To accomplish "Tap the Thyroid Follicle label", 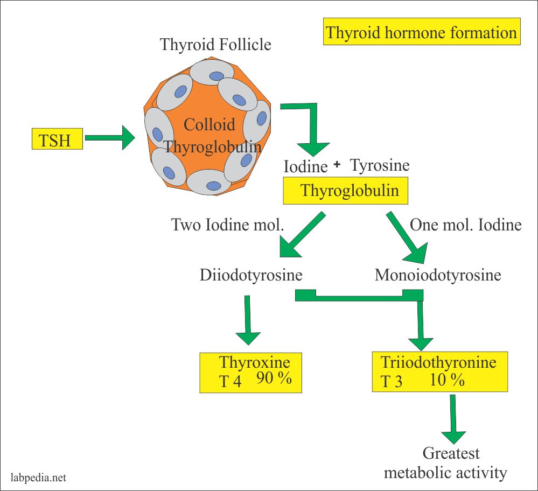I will point(215,44).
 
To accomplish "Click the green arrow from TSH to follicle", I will point(110,138).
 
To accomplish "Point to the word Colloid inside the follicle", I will point(209,125).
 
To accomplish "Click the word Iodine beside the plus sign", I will point(305,167).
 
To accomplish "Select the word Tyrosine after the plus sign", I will point(380,165).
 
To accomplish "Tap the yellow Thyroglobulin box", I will point(345,191).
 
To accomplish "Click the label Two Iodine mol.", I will point(227,225).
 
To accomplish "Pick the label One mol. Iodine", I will point(466,225).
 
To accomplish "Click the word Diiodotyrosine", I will point(251,275).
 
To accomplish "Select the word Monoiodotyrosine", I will point(438,275).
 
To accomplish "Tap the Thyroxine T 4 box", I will point(251,372).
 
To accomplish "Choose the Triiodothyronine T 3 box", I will point(441,372).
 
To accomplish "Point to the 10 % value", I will point(447,381).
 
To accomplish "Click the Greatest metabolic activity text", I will point(445,463).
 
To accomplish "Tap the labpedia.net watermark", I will point(39,477).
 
